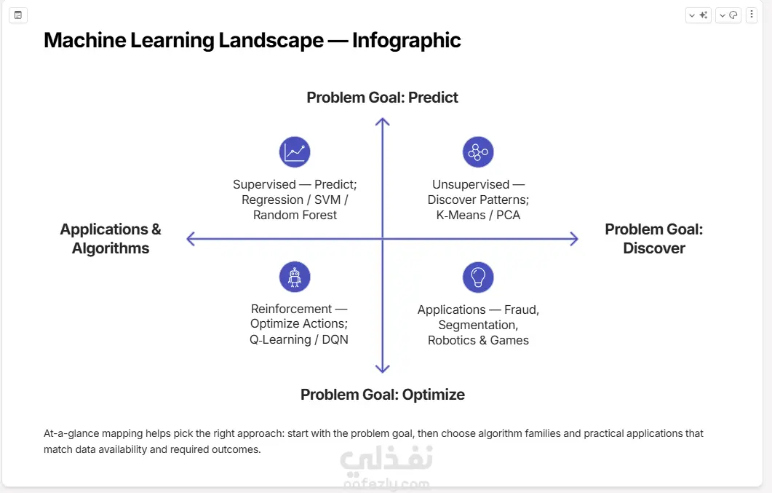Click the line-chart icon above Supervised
click(295, 151)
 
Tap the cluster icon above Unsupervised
click(478, 151)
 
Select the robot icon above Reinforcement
click(295, 277)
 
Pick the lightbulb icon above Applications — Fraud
click(478, 277)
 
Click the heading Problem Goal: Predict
click(382, 98)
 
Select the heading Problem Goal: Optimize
click(383, 395)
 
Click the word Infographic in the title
click(407, 40)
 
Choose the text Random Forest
click(295, 216)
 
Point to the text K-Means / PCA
click(478, 216)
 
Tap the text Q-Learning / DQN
click(299, 340)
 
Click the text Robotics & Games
click(478, 340)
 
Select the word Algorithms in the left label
click(111, 248)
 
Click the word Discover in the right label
click(654, 248)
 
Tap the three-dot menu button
click(752, 15)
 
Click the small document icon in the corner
click(18, 15)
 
